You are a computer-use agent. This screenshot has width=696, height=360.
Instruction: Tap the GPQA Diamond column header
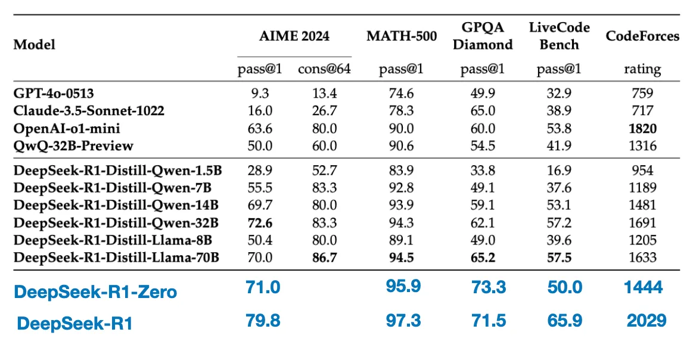tap(483, 36)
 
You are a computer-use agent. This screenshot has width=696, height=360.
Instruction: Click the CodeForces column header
tap(642, 36)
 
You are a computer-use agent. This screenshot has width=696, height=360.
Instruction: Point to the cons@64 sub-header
tap(325, 69)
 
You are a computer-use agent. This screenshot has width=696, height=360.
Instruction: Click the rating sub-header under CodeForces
tap(642, 69)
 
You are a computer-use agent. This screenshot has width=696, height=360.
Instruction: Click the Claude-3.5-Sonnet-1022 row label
tap(89, 111)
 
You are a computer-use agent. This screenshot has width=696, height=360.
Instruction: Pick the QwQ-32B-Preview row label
tap(73, 145)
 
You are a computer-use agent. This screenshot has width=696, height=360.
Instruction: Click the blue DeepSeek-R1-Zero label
tap(96, 292)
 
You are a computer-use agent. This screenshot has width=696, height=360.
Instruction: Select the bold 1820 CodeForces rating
tap(642, 128)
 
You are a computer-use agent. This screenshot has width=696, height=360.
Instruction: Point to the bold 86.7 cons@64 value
tap(325, 257)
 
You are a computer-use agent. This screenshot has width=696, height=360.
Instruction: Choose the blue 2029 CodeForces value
tap(647, 321)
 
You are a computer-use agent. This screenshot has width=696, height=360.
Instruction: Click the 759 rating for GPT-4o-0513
tap(642, 94)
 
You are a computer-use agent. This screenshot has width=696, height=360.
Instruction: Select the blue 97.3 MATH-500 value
tap(403, 321)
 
